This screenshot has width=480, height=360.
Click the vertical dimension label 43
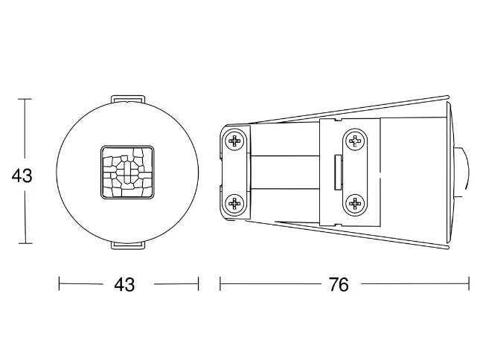pos(22,176)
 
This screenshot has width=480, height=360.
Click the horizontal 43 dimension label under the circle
pos(124,285)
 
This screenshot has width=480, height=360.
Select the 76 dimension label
pos(339,285)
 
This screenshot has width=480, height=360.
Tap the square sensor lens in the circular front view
pos(127,173)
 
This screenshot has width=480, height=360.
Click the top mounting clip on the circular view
pos(127,99)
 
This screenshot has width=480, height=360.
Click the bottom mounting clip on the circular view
pos(127,245)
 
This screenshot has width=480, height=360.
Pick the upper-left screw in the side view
pos(235,141)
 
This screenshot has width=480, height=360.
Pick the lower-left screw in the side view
pos(235,203)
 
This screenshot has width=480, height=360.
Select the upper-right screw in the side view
pos(355,141)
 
